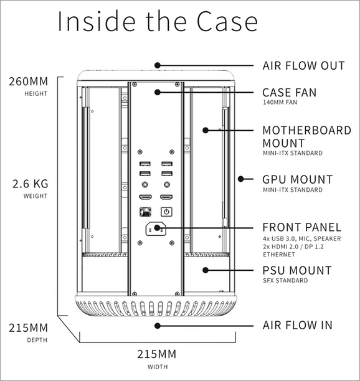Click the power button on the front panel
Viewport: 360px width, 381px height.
166,211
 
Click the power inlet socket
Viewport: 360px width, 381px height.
155,229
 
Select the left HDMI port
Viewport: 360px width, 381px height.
144,197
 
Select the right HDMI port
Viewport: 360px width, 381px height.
166,197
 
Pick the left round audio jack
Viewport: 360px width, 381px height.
144,185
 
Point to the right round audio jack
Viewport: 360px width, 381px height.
166,185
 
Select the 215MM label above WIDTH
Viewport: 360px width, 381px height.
157,354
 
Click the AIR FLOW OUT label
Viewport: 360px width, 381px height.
303,65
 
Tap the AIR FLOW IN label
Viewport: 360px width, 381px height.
297,325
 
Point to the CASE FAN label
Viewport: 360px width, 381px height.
289,93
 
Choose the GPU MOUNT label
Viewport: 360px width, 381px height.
297,179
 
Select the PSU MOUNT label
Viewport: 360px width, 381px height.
296,271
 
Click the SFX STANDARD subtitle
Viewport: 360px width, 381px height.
285,281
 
